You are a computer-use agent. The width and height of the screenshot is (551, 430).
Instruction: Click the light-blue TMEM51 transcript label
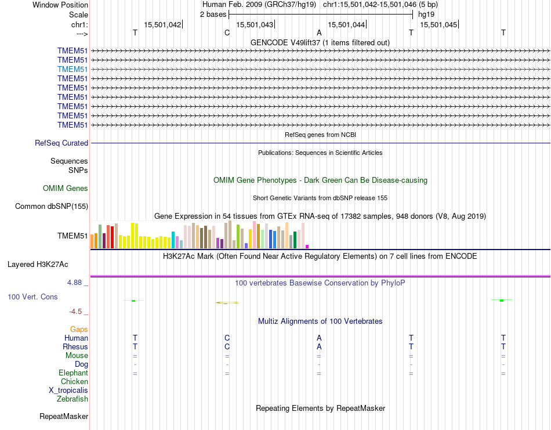[x=73, y=69]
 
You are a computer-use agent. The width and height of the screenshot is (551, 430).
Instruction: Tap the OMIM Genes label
[x=66, y=188]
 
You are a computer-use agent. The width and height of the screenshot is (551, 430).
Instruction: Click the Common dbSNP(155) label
[x=52, y=206]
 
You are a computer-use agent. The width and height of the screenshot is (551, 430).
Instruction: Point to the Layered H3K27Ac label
[x=38, y=264]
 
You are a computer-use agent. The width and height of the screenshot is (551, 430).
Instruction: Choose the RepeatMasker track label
[x=64, y=416]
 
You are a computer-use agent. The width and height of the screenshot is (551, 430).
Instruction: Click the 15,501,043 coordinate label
[x=254, y=24]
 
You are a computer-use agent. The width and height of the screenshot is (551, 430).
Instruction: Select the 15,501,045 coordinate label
[x=438, y=24]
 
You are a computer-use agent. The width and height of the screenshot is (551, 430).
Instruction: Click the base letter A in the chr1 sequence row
[x=319, y=32]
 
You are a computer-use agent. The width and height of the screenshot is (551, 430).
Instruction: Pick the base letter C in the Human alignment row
[x=227, y=338]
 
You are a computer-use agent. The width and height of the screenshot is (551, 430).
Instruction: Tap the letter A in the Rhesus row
[x=319, y=346]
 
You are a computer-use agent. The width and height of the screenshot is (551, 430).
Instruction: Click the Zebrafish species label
[x=72, y=399]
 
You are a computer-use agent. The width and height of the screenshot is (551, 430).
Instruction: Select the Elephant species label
[x=73, y=373]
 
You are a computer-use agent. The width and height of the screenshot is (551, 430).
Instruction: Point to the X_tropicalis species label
[x=68, y=390]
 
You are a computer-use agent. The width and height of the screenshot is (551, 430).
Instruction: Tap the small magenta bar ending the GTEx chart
[x=307, y=246]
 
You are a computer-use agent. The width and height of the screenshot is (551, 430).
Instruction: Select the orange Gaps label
[x=79, y=329]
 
